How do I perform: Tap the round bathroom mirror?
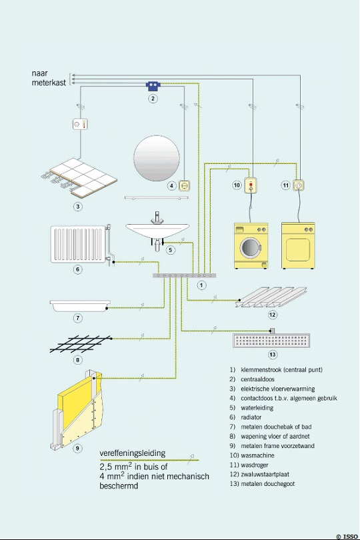click(x=157, y=158)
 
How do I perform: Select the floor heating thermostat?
click(x=80, y=124)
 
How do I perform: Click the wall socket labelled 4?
click(x=185, y=185)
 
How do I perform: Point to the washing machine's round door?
click(x=249, y=247)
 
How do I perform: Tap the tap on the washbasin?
click(x=157, y=217)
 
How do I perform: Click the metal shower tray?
click(x=80, y=305)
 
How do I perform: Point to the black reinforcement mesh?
click(x=81, y=344)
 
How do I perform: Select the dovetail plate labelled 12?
click(x=271, y=297)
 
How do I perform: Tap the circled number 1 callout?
click(x=201, y=285)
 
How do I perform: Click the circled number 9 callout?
click(x=77, y=448)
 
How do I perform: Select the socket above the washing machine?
click(x=251, y=185)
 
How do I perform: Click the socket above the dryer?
click(x=299, y=185)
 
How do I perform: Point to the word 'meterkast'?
click(x=49, y=83)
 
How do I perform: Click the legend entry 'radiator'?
click(x=251, y=417)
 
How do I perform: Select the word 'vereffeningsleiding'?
click(x=132, y=453)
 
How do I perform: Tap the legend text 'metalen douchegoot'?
click(x=268, y=483)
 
